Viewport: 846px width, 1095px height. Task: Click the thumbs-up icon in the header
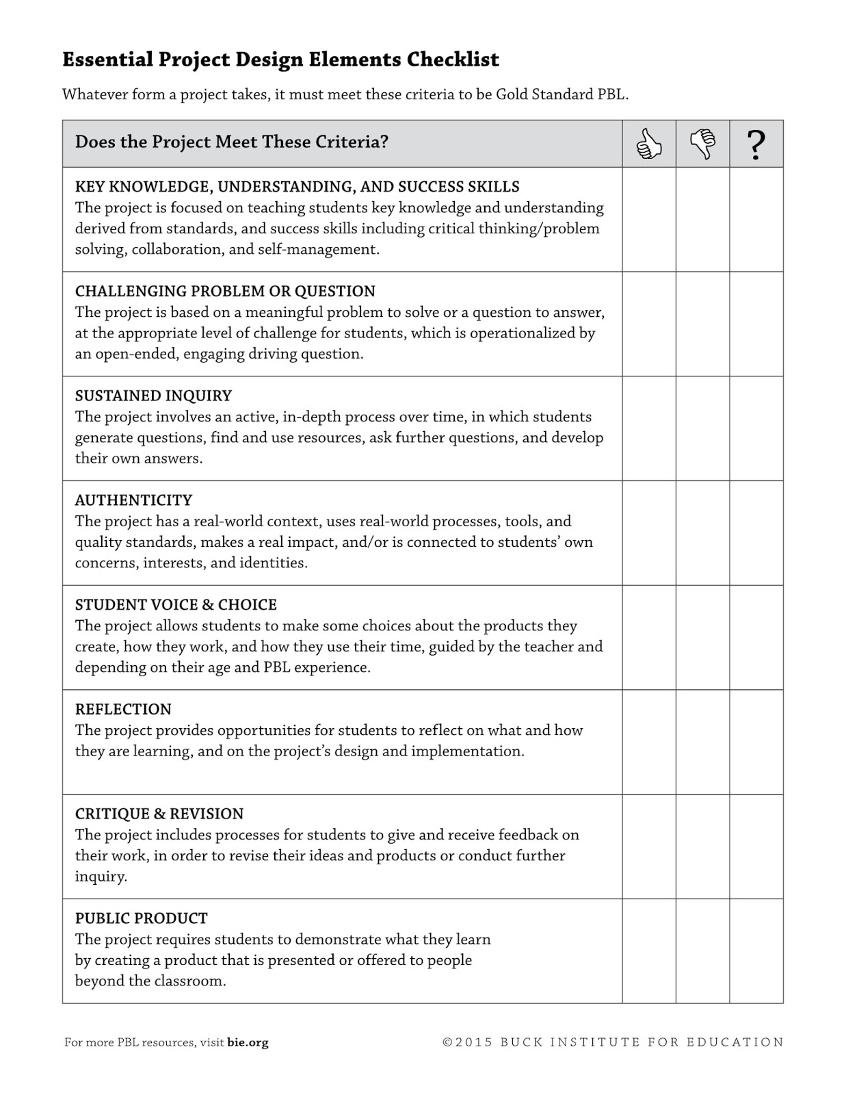click(649, 144)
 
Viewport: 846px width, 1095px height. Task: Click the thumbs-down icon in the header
click(702, 144)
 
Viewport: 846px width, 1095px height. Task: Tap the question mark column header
click(756, 144)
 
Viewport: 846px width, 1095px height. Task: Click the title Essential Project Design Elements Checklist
click(280, 60)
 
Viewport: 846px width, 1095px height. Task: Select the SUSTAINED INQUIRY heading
click(153, 396)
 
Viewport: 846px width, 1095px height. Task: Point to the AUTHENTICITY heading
click(133, 500)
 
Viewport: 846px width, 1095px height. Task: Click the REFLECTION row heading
click(123, 709)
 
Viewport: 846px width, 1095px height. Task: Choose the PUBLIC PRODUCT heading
click(141, 918)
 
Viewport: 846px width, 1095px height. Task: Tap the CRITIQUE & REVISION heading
click(159, 814)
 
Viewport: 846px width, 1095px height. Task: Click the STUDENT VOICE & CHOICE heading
click(176, 605)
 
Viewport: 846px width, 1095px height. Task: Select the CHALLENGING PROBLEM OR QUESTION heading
click(225, 291)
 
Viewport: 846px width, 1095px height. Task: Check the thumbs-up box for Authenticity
click(649, 532)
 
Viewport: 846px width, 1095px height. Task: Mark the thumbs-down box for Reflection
click(702, 742)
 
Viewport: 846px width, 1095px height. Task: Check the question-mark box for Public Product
click(756, 951)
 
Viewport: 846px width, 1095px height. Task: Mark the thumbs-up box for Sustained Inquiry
click(649, 428)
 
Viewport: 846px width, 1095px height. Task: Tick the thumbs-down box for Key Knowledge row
click(702, 219)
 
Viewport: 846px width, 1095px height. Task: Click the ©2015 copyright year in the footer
click(468, 1042)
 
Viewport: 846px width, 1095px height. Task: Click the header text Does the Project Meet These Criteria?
click(232, 142)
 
